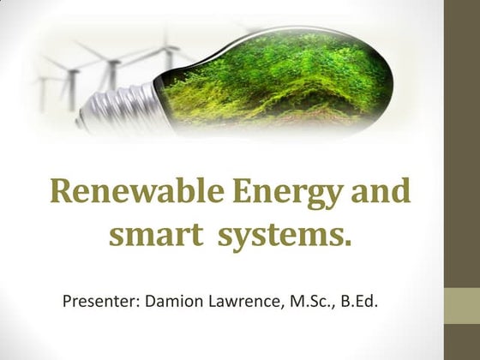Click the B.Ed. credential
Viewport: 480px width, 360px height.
pyautogui.click(x=366, y=302)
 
